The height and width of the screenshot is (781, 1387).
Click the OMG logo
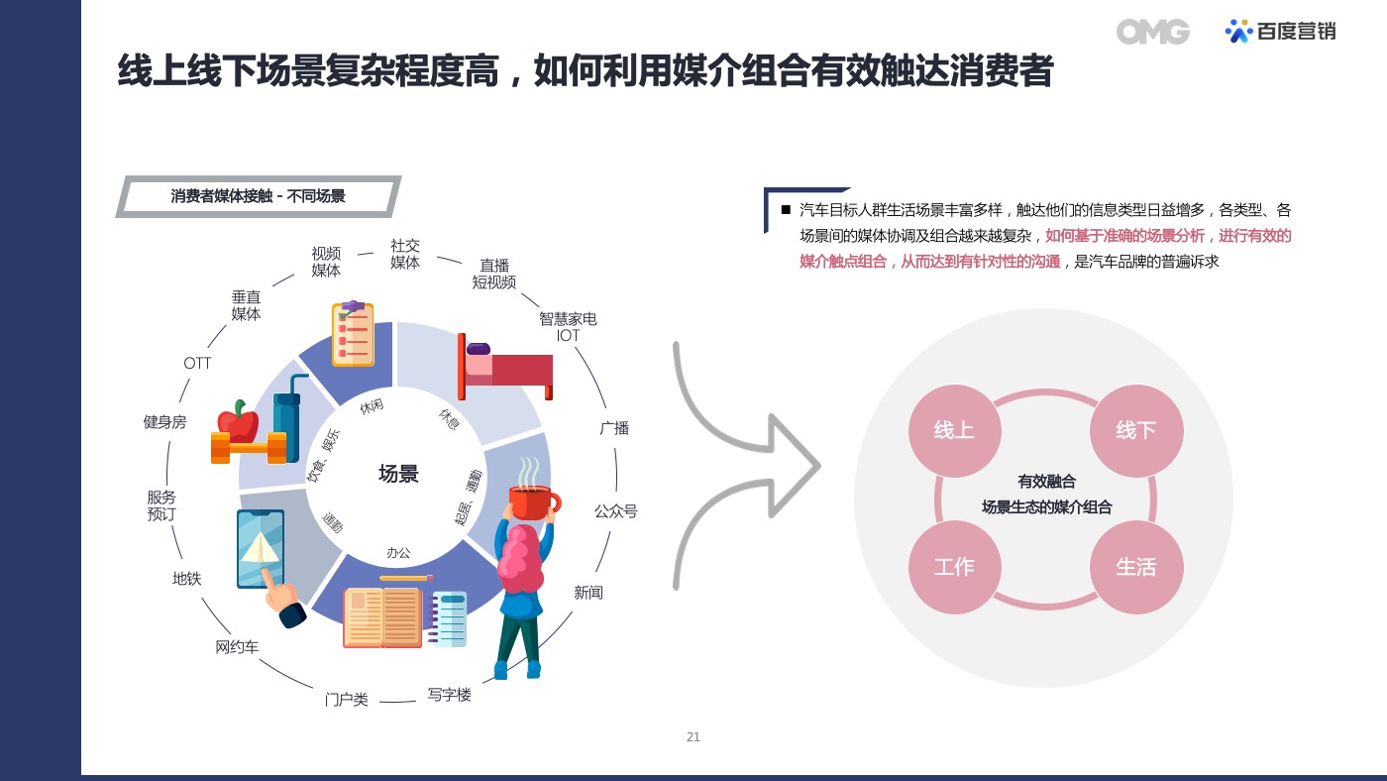tap(1152, 32)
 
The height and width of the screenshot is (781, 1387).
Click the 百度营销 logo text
tap(1296, 31)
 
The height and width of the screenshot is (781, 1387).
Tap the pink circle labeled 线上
tap(954, 430)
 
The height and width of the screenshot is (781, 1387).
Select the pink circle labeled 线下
tap(1136, 430)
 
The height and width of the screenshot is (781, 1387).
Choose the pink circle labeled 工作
tap(954, 567)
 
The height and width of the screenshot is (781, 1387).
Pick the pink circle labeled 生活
tap(1136, 567)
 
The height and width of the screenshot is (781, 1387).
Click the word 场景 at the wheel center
tap(398, 474)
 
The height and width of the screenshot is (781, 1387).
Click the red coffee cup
tap(534, 502)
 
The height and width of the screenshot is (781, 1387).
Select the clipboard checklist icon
tap(353, 333)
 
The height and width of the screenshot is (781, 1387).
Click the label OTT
tap(197, 363)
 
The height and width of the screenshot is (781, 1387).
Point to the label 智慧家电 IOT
tap(568, 327)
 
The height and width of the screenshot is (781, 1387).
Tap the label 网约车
tap(237, 647)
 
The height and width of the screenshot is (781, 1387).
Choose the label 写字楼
tap(449, 695)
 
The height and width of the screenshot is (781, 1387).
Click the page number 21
tap(693, 737)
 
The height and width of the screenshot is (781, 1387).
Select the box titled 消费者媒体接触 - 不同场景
tap(259, 196)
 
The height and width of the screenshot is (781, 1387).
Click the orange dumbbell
tap(249, 447)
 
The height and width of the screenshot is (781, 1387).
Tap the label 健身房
tap(164, 422)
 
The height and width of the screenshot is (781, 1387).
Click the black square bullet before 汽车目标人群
tap(786, 210)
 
